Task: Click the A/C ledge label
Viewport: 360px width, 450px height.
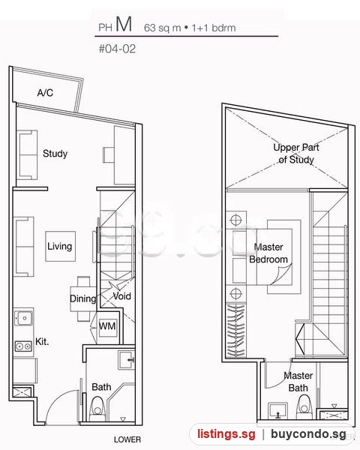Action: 45,93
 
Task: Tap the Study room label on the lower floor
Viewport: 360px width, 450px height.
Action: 55,154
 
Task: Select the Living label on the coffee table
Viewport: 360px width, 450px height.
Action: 59,246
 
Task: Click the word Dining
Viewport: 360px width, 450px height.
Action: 82,298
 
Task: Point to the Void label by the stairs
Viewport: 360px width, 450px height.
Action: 121,296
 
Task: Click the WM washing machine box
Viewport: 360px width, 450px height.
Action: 107,326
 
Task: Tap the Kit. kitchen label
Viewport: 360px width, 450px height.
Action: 42,341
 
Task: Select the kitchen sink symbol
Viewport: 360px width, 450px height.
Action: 24,318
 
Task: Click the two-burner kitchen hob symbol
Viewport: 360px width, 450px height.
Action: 23,346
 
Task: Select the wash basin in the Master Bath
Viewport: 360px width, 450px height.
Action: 278,411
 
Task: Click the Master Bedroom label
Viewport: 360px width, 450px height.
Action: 268,253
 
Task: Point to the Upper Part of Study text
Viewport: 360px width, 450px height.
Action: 296,153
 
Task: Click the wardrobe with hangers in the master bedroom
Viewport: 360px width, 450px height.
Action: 236,330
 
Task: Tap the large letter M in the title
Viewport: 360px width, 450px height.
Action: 124,24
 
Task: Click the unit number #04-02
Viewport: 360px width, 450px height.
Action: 117,49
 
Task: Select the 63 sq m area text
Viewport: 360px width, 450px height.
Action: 163,28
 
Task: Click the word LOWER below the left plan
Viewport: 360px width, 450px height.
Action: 127,439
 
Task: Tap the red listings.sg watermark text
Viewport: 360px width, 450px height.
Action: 226,434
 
